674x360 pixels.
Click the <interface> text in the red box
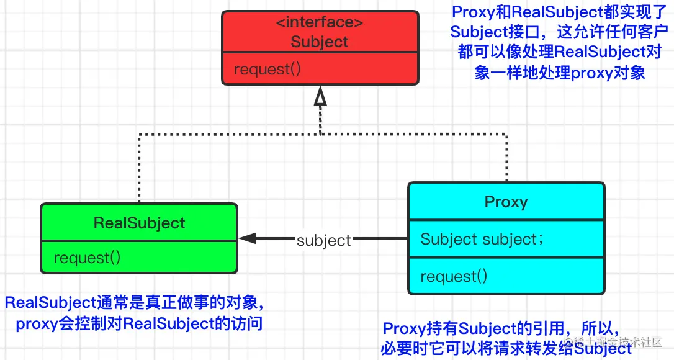coord(320,22)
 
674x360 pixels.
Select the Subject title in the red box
coord(320,42)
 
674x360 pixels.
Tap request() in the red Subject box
coord(267,69)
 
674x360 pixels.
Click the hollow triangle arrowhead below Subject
coord(320,96)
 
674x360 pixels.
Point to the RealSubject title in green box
coord(139,223)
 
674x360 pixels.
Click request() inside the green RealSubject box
coord(88,258)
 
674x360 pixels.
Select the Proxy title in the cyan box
coord(506,202)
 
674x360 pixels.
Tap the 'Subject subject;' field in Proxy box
coord(482,239)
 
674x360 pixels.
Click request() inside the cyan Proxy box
coord(454,276)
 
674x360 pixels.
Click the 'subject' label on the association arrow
coord(324,240)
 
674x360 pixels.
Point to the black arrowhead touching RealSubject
coord(247,238)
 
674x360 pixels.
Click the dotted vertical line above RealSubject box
coord(139,168)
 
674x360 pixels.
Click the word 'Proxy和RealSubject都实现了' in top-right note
coord(559,12)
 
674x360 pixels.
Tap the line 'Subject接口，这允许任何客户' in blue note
coord(559,32)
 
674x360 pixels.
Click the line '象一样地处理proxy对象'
coord(560,72)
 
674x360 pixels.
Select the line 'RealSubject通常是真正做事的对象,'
coord(134,302)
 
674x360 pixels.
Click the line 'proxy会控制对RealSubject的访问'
coord(139,323)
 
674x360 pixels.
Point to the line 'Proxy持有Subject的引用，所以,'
coord(501,328)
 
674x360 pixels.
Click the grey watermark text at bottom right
coord(613,343)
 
